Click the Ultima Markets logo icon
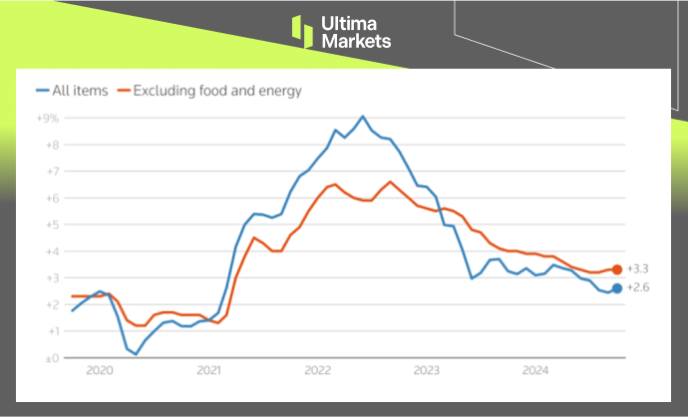[x=302, y=30]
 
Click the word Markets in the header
[x=356, y=41]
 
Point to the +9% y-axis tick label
[x=48, y=118]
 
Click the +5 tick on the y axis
[x=51, y=224]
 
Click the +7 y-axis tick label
[x=51, y=172]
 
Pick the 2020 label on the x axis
[x=100, y=371]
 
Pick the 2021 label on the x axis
[x=208, y=371]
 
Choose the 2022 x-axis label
[x=318, y=371]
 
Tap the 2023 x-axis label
[x=427, y=371]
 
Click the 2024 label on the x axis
[x=535, y=371]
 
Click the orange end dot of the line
[x=617, y=269]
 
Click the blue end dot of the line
[x=617, y=288]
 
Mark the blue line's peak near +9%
[x=362, y=117]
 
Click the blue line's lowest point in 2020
[x=136, y=354]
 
